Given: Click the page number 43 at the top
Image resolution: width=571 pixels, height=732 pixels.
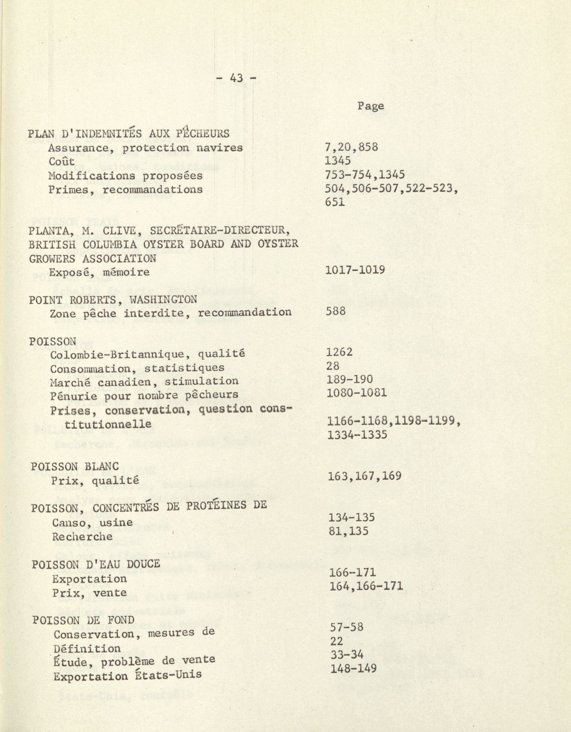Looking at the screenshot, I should tap(236, 78).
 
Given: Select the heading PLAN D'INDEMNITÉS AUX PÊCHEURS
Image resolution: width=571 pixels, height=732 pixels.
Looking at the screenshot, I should tap(129, 133).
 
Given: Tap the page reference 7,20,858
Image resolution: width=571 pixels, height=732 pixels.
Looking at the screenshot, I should tap(351, 147).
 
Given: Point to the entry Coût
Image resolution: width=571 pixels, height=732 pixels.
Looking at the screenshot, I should tap(62, 161).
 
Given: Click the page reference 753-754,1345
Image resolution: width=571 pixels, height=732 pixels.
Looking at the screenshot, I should tap(365, 175).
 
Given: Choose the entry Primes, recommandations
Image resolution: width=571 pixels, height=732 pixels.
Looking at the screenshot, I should tap(126, 190).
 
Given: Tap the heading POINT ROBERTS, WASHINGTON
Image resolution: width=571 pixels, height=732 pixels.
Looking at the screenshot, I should tap(113, 299).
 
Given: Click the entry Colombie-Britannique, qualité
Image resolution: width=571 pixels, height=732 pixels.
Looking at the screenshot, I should tap(148, 354).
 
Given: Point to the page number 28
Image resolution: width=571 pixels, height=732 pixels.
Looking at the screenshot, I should tap(333, 366).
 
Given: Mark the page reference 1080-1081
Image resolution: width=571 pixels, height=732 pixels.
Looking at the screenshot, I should tap(357, 392).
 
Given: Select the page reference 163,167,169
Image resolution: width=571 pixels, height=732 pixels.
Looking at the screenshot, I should tap(365, 476).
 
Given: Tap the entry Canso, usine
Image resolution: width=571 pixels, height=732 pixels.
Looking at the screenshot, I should tap(92, 522).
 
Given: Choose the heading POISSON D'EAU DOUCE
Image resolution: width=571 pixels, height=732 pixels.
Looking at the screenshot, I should tap(96, 564).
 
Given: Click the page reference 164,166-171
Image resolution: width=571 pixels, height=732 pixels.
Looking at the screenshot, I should tap(366, 586).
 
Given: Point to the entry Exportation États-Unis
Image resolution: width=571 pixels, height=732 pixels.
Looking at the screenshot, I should tap(127, 675).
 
